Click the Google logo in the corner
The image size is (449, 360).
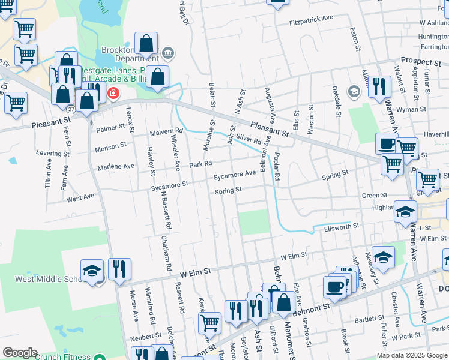tap(20, 353)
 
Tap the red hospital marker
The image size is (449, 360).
tap(112, 94)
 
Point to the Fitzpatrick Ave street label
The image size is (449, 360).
tap(311, 19)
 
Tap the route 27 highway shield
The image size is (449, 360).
tap(71, 109)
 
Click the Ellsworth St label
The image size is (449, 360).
tap(341, 226)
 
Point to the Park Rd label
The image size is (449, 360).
tap(201, 163)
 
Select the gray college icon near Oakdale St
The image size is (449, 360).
tap(354, 91)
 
